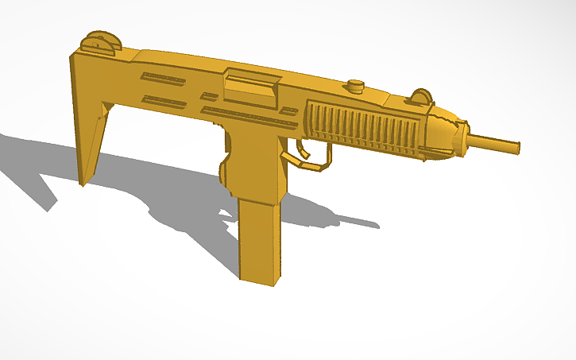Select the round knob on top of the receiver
[355, 85]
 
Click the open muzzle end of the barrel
[518, 148]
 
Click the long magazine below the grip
[259, 238]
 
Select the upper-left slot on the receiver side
[163, 78]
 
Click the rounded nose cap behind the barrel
[445, 131]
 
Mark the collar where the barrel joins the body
[469, 136]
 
